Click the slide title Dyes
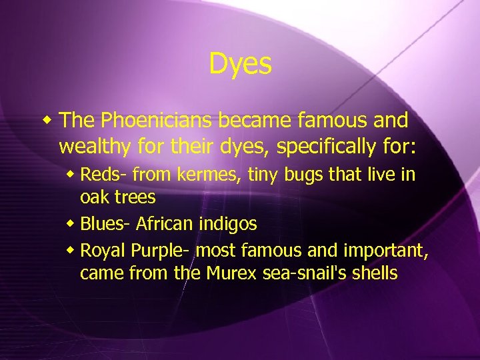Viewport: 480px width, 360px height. coord(240,64)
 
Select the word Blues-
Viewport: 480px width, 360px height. coord(105,225)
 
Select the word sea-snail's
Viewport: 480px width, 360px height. coord(303,273)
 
